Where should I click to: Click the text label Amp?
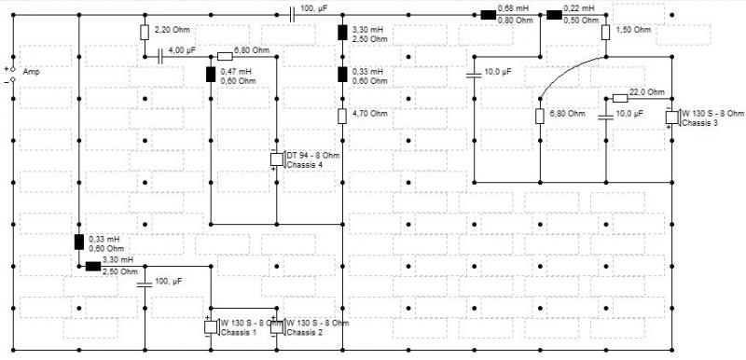click(x=31, y=72)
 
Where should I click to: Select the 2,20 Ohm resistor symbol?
click(x=145, y=33)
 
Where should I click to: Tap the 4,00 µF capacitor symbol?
click(x=160, y=57)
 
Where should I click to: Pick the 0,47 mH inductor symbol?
click(x=211, y=75)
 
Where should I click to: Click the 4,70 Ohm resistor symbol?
click(x=342, y=116)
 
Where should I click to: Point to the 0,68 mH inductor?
click(x=488, y=15)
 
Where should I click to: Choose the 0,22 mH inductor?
click(x=554, y=15)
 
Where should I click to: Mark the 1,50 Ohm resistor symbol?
click(x=605, y=33)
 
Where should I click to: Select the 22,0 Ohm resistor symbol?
click(x=620, y=99)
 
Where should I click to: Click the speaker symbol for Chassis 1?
click(x=212, y=326)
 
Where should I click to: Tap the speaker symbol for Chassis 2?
click(x=278, y=326)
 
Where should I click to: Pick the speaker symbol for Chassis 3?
click(x=672, y=117)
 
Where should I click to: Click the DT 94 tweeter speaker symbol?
click(x=278, y=159)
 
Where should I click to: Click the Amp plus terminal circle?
click(x=13, y=69)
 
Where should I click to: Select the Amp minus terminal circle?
click(x=13, y=79)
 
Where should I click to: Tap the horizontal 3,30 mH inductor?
click(x=93, y=267)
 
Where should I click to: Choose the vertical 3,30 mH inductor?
click(x=342, y=33)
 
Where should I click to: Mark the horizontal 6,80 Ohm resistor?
click(x=225, y=57)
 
